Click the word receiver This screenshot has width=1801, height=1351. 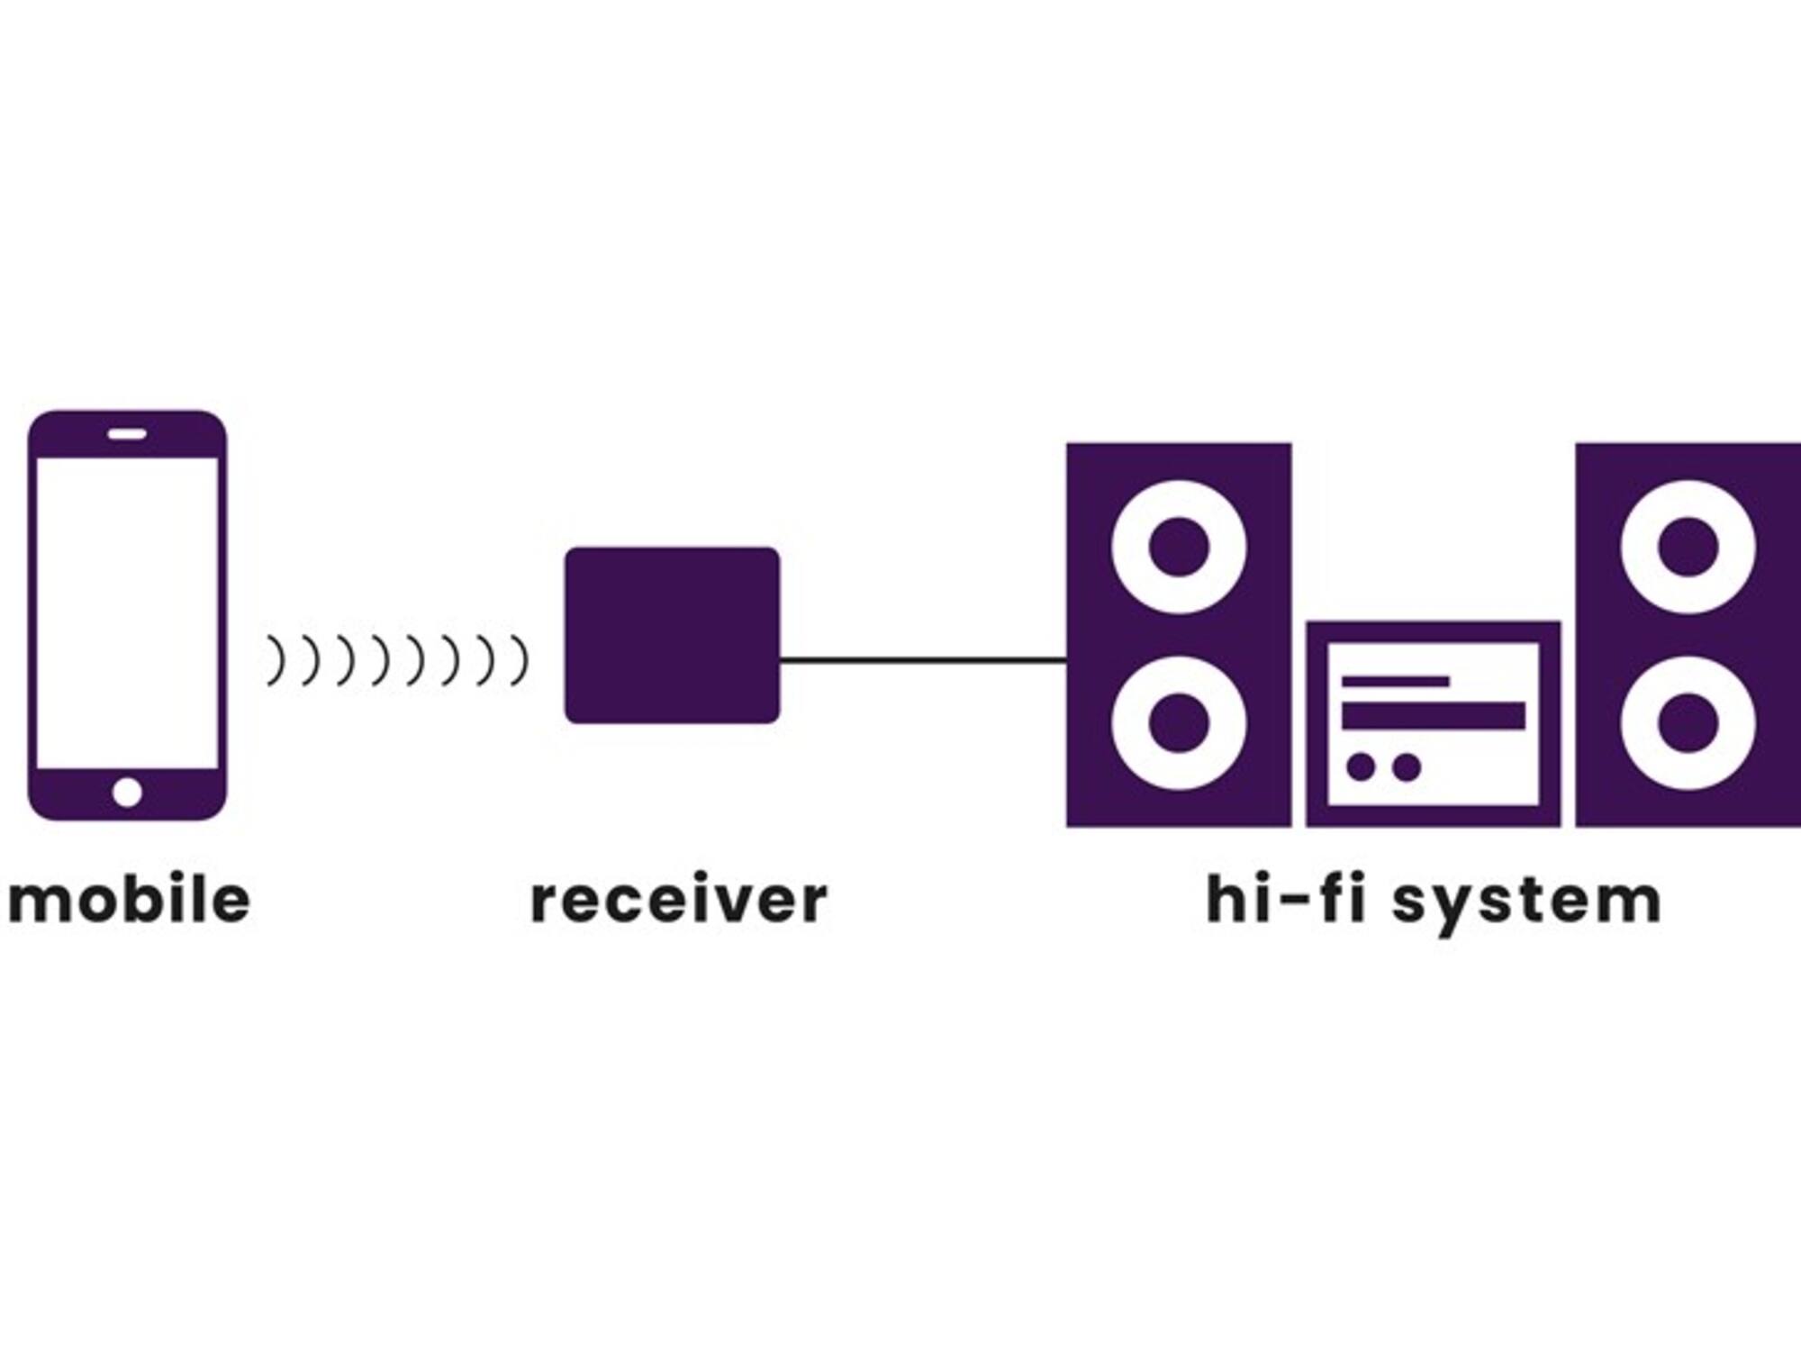679,900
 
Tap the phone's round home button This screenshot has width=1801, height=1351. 127,793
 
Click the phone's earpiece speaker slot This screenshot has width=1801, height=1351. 127,434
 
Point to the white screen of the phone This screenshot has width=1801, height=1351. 127,612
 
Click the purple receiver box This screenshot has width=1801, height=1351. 672,635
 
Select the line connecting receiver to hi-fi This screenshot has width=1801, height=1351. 923,660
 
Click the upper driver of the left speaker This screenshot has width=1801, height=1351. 1179,547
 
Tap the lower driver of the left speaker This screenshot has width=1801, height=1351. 1179,722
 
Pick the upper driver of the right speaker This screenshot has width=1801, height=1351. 1688,547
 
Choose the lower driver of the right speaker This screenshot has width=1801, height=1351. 1688,722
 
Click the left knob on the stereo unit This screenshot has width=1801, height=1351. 1361,767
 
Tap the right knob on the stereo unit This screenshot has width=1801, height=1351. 1406,767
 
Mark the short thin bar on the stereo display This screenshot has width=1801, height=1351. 1395,682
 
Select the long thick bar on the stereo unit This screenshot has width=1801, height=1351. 1433,715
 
